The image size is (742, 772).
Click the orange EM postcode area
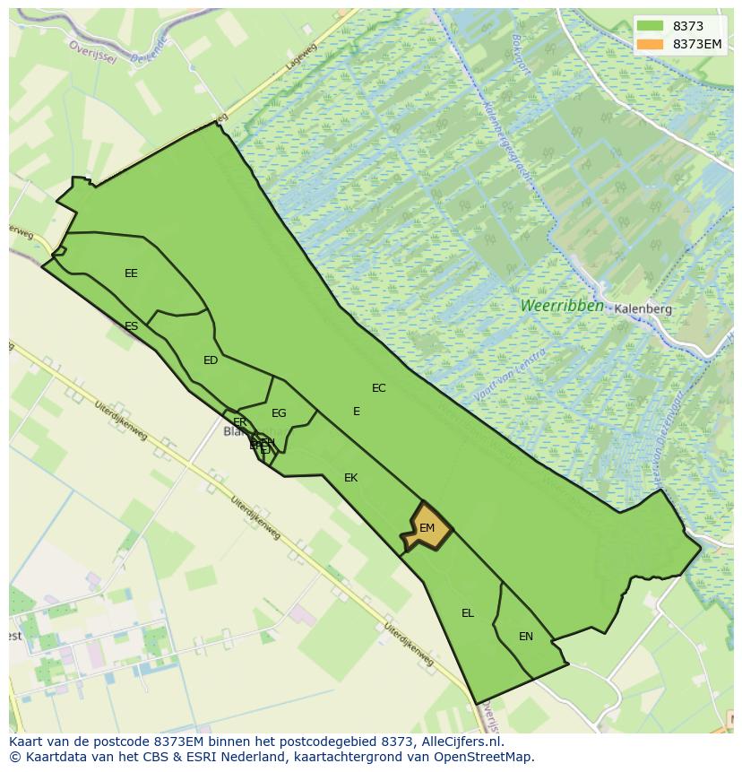(427, 528)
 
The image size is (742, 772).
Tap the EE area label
(131, 273)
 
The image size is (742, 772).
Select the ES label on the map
(132, 326)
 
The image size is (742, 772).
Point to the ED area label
(211, 360)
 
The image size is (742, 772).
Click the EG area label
(279, 413)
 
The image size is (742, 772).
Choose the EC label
(379, 388)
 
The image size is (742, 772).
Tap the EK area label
(350, 478)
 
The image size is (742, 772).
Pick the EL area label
(468, 613)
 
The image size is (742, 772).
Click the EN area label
(526, 637)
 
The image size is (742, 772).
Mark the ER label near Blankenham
(239, 422)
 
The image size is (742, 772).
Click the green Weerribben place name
(562, 306)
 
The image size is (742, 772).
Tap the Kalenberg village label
(643, 308)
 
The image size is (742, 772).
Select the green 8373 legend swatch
(651, 27)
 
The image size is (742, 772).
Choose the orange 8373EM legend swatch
(651, 45)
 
